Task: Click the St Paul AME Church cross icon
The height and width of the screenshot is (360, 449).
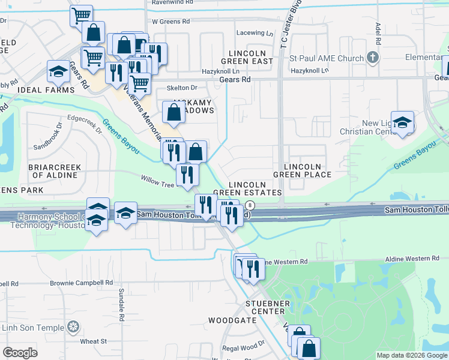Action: point(373,58)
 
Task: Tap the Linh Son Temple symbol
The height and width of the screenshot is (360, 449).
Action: point(73,327)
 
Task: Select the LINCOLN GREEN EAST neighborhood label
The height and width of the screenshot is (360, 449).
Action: point(247,57)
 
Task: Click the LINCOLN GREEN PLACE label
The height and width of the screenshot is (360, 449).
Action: point(302,170)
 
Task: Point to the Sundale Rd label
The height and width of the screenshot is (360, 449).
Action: point(121,304)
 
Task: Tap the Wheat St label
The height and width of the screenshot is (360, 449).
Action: point(93,341)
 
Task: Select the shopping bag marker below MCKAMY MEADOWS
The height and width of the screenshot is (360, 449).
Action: point(196,152)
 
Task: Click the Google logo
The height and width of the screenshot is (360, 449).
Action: point(20,353)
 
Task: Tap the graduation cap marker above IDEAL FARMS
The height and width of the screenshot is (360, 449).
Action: point(59,71)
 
